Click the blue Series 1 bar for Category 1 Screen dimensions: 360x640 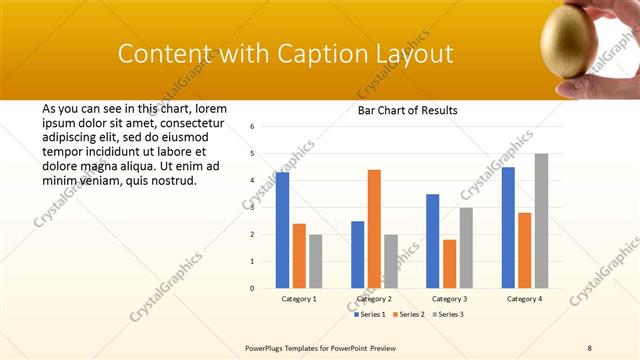coord(283,230)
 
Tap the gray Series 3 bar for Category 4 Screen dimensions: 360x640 coord(541,220)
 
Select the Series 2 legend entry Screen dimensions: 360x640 coord(410,314)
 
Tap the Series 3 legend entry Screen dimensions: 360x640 coord(449,314)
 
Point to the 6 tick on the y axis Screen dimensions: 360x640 coord(253,127)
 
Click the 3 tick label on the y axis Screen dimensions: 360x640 coord(253,207)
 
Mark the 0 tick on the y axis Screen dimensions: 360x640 coord(253,288)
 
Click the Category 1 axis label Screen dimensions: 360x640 coord(299,298)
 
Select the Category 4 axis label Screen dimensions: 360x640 coord(524,298)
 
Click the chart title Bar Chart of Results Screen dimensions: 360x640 coord(408,110)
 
